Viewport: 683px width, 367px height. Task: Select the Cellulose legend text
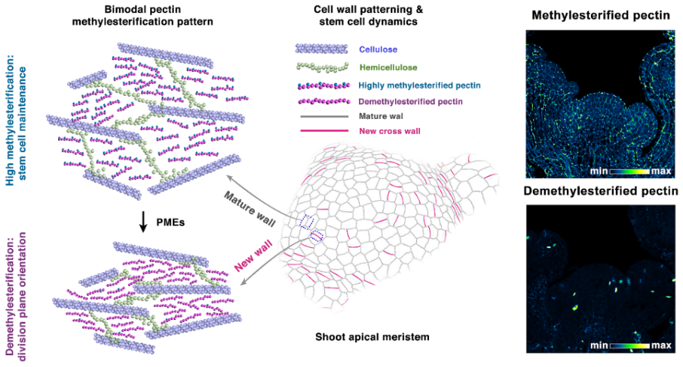tap(379, 49)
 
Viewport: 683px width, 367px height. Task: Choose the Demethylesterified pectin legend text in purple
tap(409, 101)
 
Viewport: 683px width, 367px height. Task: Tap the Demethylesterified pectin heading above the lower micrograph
tap(601, 191)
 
